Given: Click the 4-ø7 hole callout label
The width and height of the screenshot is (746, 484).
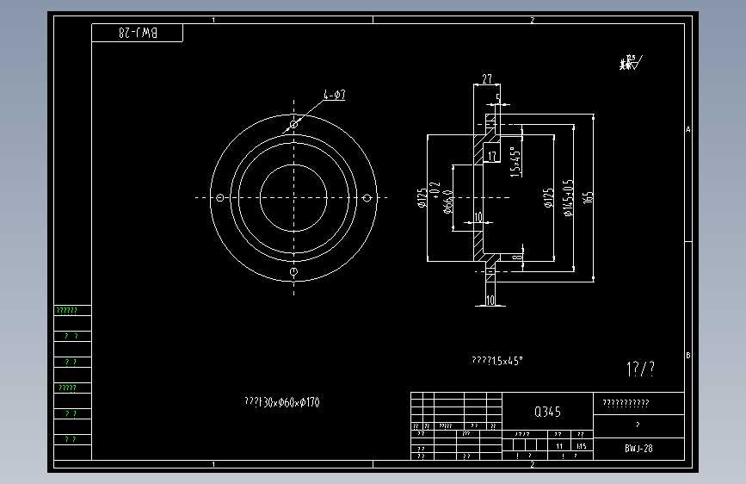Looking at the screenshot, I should (335, 95).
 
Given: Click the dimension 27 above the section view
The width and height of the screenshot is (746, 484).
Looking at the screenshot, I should (487, 78).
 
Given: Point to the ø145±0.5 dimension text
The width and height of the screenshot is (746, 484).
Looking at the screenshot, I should (569, 198).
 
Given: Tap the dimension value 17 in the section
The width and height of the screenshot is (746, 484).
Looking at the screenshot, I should (492, 156).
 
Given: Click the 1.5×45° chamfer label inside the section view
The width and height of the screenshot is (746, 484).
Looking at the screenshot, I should (515, 161).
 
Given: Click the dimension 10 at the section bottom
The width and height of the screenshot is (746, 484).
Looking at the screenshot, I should (490, 301).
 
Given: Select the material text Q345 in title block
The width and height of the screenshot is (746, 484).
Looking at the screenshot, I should (548, 412).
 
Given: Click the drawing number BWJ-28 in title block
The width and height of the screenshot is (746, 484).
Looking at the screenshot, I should (638, 449).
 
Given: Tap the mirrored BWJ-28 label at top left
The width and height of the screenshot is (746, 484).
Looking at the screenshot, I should (139, 33).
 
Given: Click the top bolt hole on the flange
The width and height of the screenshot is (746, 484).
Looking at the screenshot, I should (293, 125).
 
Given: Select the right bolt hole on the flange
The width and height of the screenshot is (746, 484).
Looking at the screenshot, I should (367, 198).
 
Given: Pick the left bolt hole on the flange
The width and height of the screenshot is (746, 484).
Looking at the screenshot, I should (220, 198).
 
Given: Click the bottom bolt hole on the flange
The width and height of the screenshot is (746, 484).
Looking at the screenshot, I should (293, 271).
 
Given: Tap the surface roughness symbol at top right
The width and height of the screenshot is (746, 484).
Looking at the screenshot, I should (629, 62).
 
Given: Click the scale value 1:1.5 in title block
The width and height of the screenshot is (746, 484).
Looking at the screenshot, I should (581, 446).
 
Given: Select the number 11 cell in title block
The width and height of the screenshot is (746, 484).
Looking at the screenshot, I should (559, 446).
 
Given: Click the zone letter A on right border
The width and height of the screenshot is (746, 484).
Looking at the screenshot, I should (688, 129).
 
